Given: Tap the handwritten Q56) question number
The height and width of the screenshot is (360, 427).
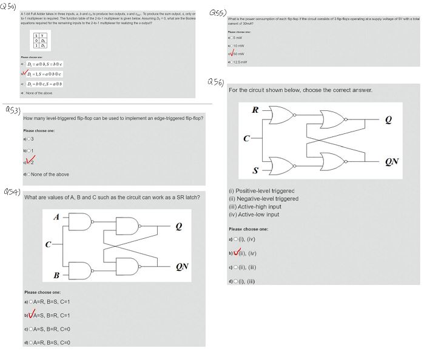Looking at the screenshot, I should coord(215,81).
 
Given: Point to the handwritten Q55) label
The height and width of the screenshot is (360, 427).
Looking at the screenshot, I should coord(217,12).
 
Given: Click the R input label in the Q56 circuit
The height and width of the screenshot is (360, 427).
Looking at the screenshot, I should coord(255,110).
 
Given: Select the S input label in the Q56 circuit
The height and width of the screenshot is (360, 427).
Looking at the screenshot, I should coord(255,167).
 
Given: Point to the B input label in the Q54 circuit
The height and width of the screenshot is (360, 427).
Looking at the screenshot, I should coord(57,276).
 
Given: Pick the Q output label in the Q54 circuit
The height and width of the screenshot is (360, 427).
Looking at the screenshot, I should coord(178,227).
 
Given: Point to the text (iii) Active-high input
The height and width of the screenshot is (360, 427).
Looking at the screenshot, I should coord(255,206).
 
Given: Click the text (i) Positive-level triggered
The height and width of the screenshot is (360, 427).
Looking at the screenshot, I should coord(261,190).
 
